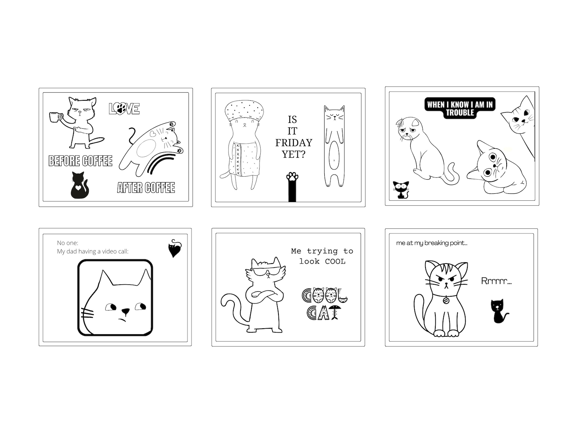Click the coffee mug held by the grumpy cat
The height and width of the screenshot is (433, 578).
point(55,117)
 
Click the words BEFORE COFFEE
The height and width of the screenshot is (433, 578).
point(80,161)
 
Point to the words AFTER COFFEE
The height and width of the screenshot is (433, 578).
point(146,188)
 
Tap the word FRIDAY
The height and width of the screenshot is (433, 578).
point(293,143)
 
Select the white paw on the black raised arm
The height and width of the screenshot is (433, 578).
point(292,177)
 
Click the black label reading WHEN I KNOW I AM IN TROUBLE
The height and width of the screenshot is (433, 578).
point(460,108)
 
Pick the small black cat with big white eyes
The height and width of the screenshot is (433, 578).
point(401,189)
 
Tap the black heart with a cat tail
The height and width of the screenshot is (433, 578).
point(174,249)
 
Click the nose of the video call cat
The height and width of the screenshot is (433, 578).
point(125,311)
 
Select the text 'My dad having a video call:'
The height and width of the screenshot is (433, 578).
point(92,252)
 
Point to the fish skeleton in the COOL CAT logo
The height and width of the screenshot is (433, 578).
point(336,313)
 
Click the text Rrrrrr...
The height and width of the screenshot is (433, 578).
point(496,281)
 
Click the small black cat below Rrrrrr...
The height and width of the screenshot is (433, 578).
point(499,311)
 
